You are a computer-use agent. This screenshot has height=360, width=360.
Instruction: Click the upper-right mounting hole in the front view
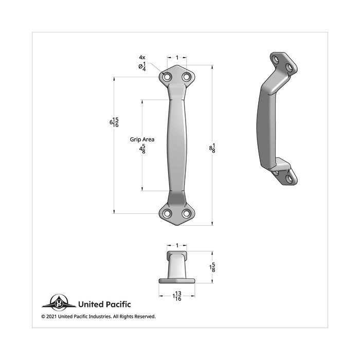186,77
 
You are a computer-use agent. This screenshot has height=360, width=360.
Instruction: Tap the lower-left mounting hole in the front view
168,213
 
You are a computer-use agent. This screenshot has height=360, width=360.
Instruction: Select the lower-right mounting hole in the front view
186,213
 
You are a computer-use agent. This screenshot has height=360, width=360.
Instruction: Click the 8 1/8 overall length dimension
212,148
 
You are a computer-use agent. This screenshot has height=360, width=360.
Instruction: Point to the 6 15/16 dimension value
114,122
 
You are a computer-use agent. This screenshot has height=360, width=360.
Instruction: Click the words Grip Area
142,139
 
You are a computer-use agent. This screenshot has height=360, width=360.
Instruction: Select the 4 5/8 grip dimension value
142,149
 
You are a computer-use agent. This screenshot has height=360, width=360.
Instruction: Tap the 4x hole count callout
142,57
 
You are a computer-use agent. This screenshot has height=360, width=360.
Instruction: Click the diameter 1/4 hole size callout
142,66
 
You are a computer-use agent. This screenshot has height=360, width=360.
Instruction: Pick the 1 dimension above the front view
177,58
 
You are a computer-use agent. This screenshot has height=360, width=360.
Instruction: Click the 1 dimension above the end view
177,246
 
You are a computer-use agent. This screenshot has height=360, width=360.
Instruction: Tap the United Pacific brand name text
104,304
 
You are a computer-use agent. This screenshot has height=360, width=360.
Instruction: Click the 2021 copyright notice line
98,316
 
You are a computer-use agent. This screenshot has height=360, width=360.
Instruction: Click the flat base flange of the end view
177,281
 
